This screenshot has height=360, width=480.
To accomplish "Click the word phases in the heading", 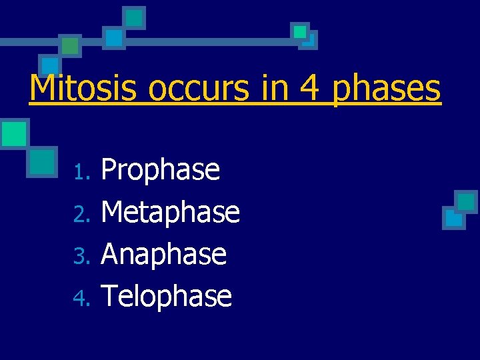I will (x=387, y=89).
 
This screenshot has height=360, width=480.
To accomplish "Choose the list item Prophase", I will (x=160, y=171).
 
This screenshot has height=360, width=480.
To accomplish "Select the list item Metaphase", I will (x=170, y=212).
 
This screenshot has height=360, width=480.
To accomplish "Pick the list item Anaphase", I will (x=163, y=254).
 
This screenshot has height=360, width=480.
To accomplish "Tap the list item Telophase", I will (x=166, y=296).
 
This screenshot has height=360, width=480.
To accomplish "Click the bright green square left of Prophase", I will (x=13, y=133).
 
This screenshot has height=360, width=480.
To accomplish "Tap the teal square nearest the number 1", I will (x=43, y=161).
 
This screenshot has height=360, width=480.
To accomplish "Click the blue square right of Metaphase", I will (x=453, y=218).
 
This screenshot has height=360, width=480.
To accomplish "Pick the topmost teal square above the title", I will (x=135, y=17).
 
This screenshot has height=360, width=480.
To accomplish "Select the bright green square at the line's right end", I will (x=300, y=31).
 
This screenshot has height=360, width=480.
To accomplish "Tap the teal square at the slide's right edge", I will (x=466, y=201).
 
